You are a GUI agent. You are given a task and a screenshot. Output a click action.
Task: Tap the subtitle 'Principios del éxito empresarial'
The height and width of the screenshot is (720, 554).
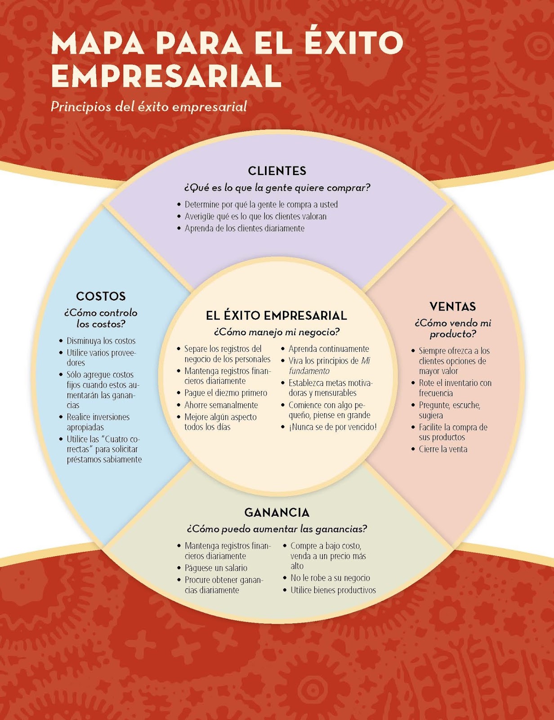pyautogui.click(x=149, y=107)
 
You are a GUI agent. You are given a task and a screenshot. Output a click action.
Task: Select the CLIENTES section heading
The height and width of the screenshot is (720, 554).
pyautogui.click(x=277, y=171)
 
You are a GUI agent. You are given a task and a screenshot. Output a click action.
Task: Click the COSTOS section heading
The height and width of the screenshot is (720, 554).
pyautogui.click(x=101, y=296)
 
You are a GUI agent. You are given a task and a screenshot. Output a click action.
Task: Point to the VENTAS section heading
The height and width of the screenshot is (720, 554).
pyautogui.click(x=452, y=306)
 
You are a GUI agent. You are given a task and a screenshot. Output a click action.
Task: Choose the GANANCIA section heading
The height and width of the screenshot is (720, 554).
pyautogui.click(x=277, y=513)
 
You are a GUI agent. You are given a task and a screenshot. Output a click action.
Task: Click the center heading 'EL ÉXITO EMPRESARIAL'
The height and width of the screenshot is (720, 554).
pyautogui.click(x=277, y=315)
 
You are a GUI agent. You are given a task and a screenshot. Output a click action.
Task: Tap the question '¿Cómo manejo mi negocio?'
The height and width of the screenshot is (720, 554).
pyautogui.click(x=277, y=332)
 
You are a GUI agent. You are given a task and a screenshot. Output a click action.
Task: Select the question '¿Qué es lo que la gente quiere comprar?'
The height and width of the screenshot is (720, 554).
pyautogui.click(x=277, y=188)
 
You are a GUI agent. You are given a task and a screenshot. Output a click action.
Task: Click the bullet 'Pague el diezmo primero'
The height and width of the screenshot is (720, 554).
pyautogui.click(x=226, y=393)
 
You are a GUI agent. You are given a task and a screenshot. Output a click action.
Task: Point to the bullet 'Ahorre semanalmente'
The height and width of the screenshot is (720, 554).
pyautogui.click(x=221, y=405)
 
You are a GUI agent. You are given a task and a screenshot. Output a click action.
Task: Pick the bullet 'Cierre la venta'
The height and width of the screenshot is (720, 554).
pyautogui.click(x=443, y=449)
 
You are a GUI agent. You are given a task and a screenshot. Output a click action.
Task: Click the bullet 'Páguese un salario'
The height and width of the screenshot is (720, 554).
pyautogui.click(x=216, y=568)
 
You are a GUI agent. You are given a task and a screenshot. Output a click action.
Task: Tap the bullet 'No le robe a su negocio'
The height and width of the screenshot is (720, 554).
pyautogui.click(x=330, y=578)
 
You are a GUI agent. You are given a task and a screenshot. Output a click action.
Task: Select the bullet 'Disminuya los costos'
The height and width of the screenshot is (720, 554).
pyautogui.click(x=101, y=341)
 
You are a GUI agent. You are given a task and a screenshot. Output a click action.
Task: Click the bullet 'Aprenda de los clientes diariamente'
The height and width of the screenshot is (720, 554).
pyautogui.click(x=245, y=228)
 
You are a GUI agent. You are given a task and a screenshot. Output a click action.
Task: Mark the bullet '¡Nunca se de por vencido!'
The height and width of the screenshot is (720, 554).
pyautogui.click(x=332, y=427)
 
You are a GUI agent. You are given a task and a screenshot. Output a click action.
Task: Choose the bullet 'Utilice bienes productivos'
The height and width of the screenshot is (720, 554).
pyautogui.click(x=333, y=590)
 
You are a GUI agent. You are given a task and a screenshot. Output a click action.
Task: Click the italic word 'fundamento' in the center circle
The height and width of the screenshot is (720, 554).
pyautogui.click(x=309, y=371)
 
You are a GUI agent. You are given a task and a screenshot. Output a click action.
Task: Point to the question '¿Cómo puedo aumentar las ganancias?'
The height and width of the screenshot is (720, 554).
pyautogui.click(x=277, y=529)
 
